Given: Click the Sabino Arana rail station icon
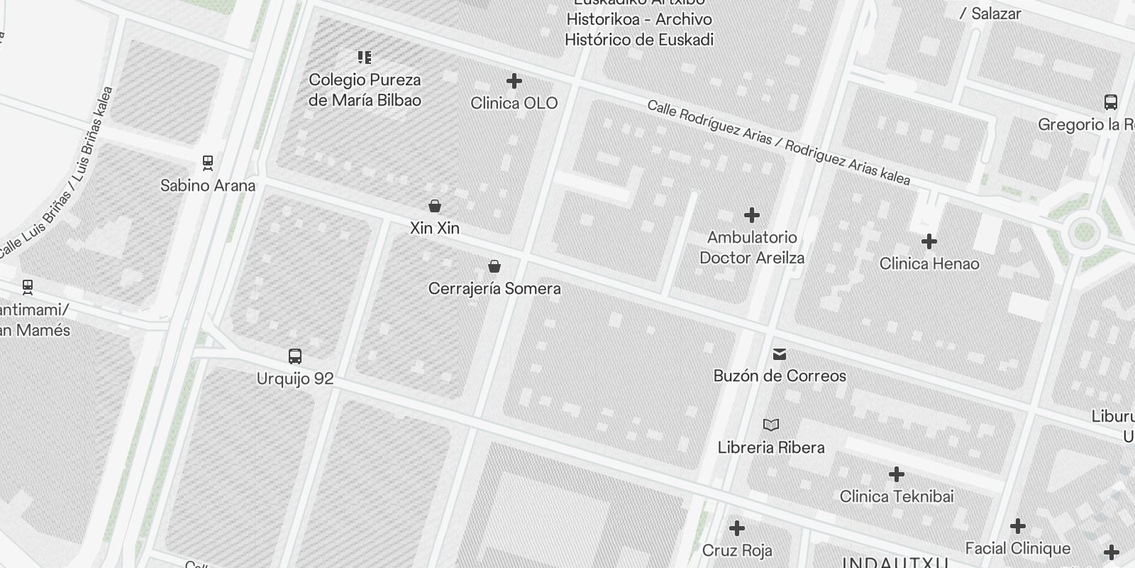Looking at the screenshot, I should click(208, 163).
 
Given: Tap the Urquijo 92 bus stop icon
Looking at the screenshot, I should click(295, 356).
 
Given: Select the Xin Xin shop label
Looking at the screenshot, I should click(435, 228).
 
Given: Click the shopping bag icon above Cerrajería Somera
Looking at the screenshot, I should click(494, 266).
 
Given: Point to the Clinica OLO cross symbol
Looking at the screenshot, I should click(514, 81).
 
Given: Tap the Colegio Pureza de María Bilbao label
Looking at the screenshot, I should click(365, 90).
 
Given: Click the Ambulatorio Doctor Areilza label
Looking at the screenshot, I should click(752, 247).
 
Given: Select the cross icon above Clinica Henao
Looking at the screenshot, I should click(929, 241).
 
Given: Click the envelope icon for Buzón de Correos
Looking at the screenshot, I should click(780, 354).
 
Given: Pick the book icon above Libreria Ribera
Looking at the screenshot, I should click(771, 425).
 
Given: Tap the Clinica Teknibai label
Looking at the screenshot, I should click(897, 496).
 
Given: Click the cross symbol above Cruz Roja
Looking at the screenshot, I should click(737, 528).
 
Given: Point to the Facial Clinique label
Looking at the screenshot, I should click(1018, 548).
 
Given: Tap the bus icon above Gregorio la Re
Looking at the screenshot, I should click(1111, 102).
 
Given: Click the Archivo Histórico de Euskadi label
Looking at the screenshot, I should click(639, 29).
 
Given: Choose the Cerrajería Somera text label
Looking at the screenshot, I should click(494, 288).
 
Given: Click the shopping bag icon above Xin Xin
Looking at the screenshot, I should click(435, 206).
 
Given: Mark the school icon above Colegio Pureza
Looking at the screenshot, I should click(365, 57).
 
